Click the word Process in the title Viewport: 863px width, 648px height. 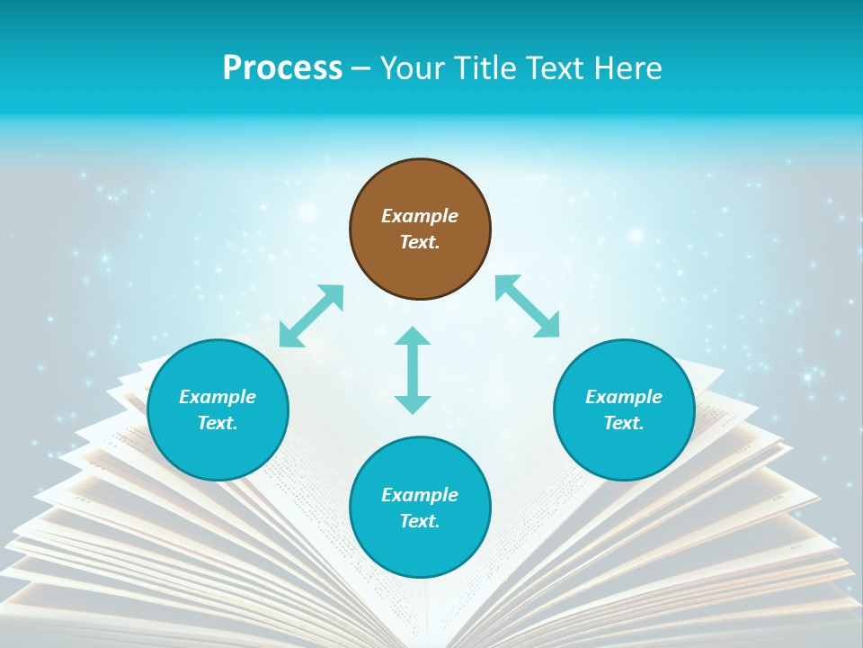pos(282,68)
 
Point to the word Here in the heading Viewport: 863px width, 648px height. pos(626,68)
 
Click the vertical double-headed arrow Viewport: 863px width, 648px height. pos(413,370)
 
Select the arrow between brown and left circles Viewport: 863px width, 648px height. pos(311,316)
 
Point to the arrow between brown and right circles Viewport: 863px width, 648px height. pos(528,306)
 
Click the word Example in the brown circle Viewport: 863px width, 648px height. pos(420,216)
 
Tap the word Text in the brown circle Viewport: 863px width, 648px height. pos(420,242)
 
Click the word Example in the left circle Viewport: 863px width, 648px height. pos(218,397)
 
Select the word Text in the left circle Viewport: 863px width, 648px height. pos(218,423)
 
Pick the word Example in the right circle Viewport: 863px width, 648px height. pos(624,397)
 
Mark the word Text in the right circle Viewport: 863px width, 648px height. pos(624,423)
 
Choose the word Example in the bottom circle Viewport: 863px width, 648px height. pos(420,495)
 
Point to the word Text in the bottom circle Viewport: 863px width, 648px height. pos(420,521)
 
